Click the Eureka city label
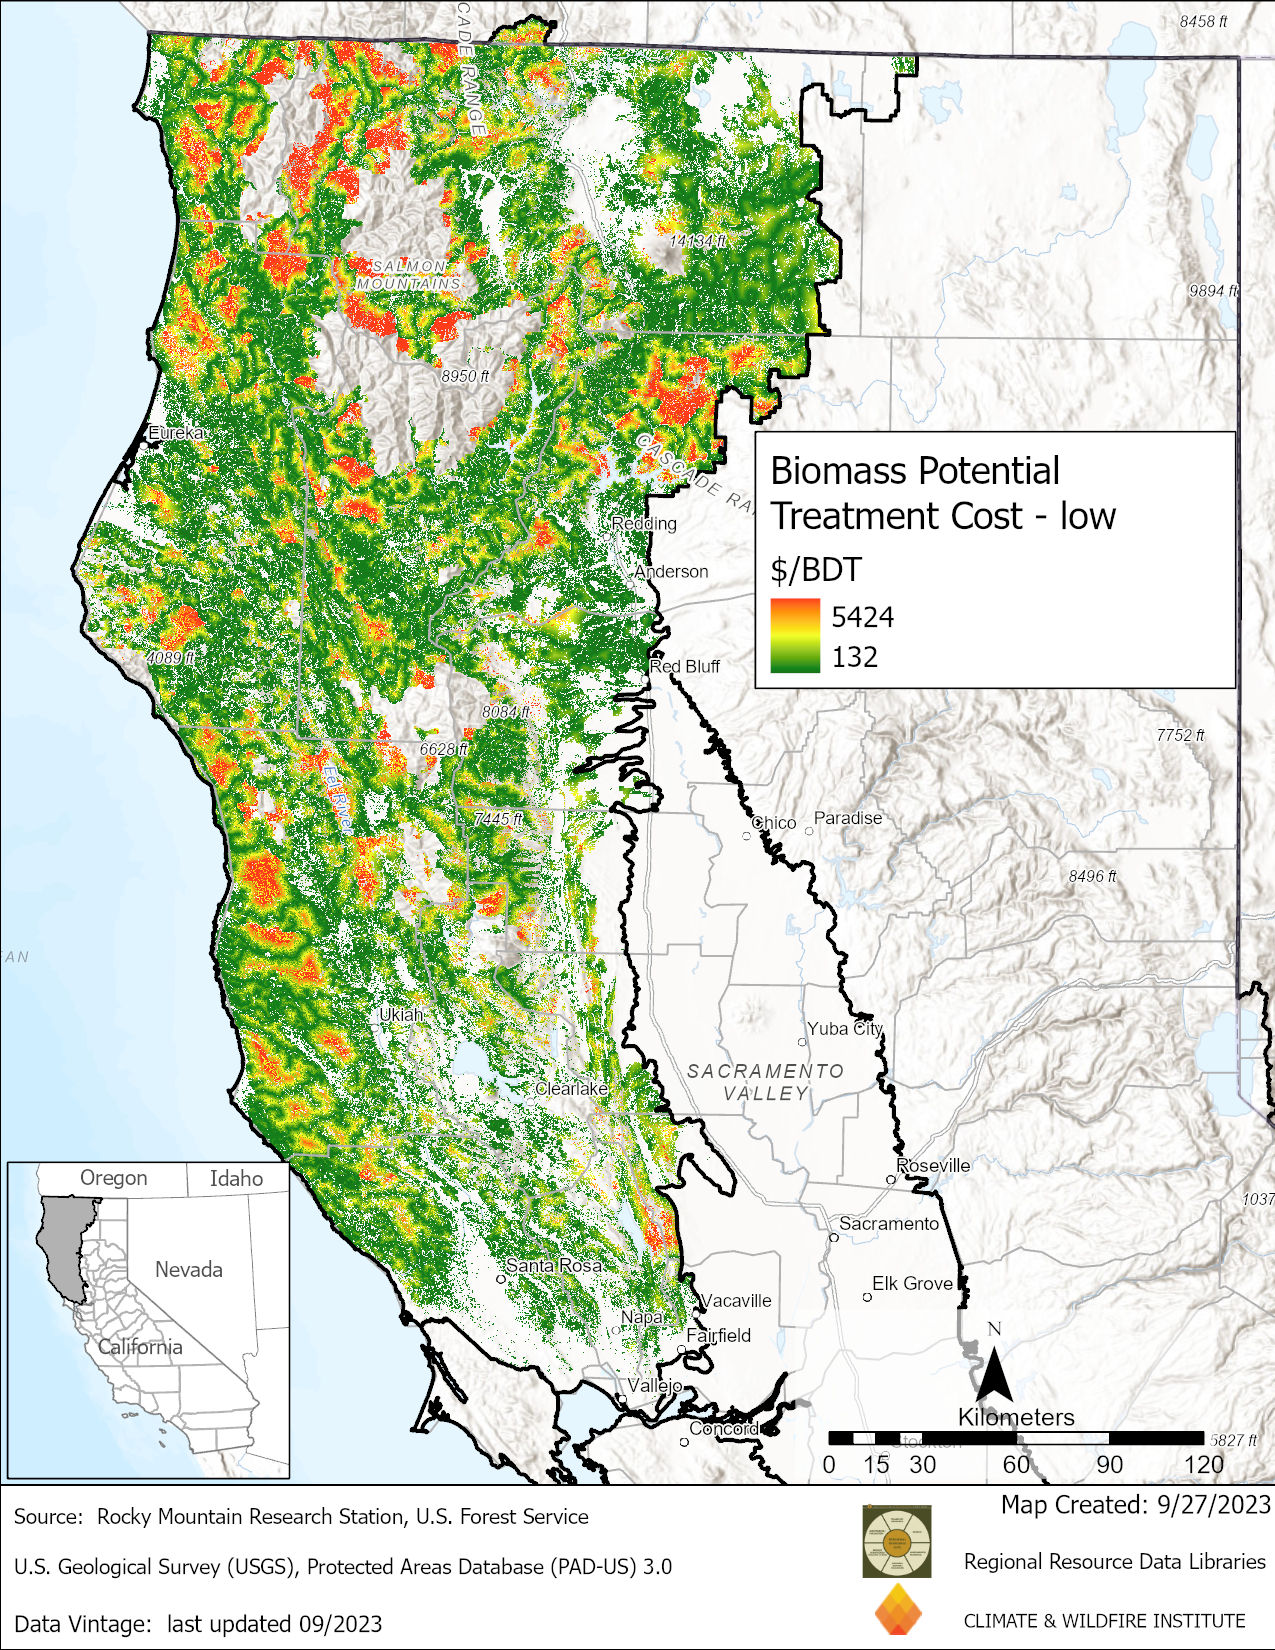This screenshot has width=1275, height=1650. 177,433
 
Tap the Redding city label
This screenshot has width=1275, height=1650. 644,523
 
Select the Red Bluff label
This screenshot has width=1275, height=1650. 685,666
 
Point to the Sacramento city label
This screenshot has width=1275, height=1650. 888,1223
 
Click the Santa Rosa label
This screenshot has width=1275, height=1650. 554,1265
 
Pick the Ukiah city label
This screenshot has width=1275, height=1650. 401,1014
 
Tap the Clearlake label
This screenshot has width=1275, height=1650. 571,1088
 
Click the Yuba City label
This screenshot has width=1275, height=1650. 845,1028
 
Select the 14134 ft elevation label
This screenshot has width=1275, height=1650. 698,241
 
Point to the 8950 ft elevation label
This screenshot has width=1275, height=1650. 465,376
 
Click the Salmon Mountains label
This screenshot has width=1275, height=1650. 409,275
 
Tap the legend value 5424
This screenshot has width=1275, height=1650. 862,617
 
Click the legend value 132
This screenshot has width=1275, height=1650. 854,657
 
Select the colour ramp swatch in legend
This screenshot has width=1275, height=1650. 795,636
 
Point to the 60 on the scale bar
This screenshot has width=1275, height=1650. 1016,1465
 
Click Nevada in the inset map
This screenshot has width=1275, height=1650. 188,1269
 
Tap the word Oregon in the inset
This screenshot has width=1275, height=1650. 113,1178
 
